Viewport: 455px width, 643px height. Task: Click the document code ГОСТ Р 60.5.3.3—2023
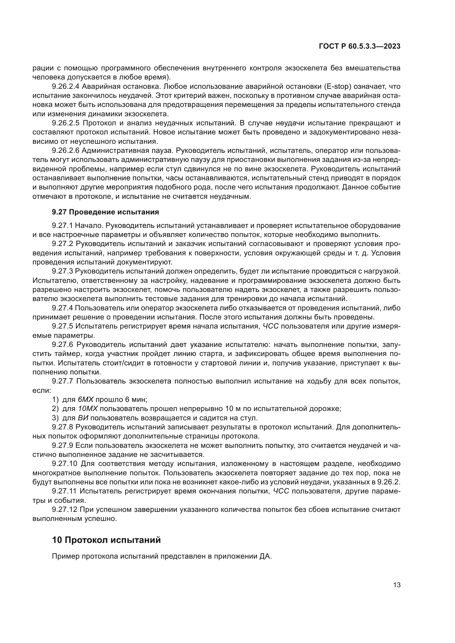point(360,46)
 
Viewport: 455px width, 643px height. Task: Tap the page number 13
point(397,584)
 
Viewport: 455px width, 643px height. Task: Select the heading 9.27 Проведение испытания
point(105,212)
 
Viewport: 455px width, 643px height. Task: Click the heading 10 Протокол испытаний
point(106,540)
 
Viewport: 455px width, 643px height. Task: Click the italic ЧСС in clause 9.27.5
point(271,326)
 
